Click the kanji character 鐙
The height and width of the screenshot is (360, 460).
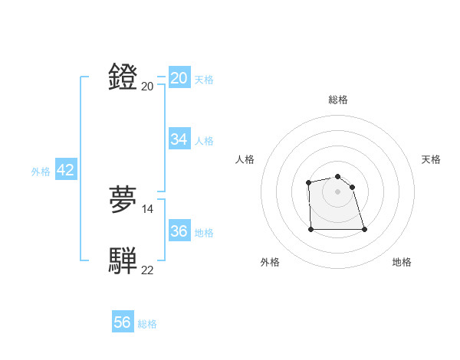[x=123, y=77]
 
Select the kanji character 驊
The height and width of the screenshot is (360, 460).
[x=123, y=261]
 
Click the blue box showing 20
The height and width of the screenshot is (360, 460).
[x=179, y=78]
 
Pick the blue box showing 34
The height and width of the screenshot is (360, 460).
[x=179, y=139]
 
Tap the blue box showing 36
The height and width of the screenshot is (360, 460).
[x=179, y=231]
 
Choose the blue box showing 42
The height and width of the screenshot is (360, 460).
[x=65, y=170]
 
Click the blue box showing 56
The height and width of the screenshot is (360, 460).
[x=123, y=322]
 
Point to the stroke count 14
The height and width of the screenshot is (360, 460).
[x=148, y=208]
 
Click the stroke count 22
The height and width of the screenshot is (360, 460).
[x=148, y=270]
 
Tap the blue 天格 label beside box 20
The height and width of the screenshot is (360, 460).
[x=204, y=80]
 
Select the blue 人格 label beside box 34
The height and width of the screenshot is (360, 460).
[x=204, y=141]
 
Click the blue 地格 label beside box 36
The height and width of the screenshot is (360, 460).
[x=204, y=233]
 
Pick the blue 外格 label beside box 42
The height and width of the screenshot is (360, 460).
[x=41, y=172]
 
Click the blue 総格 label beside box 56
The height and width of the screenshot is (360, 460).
[x=147, y=324]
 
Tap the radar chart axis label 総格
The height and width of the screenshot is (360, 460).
[x=338, y=100]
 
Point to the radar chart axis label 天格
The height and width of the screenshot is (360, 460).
[x=431, y=159]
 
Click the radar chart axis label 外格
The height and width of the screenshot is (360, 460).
[x=270, y=263]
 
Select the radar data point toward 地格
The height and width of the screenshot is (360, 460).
[x=364, y=229]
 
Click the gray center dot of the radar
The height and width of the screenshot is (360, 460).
[x=338, y=191]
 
